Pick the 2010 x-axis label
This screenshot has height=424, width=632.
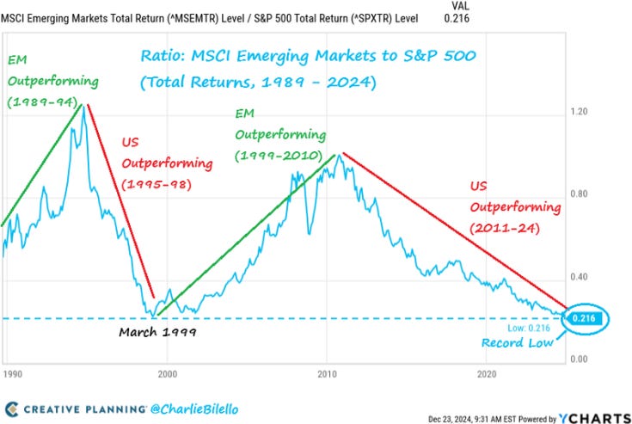[x=327, y=374]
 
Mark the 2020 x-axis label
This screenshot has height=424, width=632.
[x=487, y=374]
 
